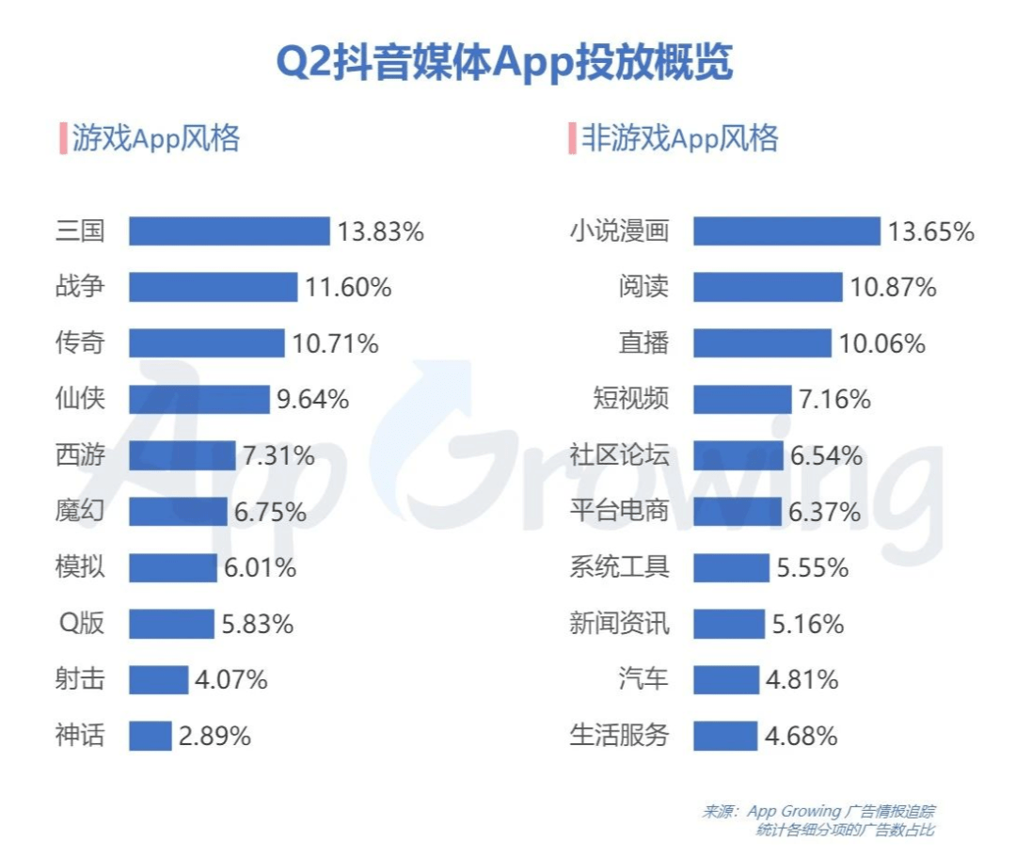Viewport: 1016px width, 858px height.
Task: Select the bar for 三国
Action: click(230, 231)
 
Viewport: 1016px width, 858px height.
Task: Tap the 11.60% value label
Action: click(348, 288)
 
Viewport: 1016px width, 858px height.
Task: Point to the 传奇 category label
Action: click(80, 343)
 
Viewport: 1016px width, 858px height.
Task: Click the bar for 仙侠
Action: click(199, 400)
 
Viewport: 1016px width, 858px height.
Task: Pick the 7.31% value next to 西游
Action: click(278, 456)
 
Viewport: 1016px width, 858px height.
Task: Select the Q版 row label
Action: click(82, 623)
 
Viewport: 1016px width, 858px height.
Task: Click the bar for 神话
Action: click(151, 736)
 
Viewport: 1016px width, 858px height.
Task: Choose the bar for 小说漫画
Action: click(786, 231)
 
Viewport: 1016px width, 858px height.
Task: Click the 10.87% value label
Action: click(894, 288)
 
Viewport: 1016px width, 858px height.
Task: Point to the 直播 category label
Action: click(644, 343)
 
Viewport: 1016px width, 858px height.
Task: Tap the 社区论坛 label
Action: click(620, 456)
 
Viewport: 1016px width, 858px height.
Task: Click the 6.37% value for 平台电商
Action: click(825, 513)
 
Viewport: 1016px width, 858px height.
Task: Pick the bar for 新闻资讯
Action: click(729, 623)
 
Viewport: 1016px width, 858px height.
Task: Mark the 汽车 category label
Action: click(644, 679)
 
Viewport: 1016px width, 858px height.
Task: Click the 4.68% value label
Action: click(801, 736)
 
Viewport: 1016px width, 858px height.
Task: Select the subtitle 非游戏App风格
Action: click(680, 139)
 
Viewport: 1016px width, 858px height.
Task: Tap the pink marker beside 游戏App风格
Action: click(62, 139)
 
